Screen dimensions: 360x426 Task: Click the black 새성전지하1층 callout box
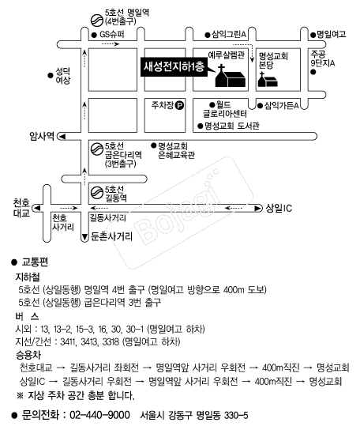click(x=174, y=66)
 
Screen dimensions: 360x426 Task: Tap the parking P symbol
click(x=179, y=105)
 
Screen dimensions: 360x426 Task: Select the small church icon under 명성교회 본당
click(x=268, y=79)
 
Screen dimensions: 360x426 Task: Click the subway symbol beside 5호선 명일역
click(x=96, y=21)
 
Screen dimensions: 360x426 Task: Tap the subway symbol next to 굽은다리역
click(x=96, y=149)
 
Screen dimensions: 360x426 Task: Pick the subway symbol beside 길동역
click(x=96, y=192)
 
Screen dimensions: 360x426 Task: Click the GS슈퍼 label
click(x=112, y=35)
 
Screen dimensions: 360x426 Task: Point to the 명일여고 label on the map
click(x=332, y=34)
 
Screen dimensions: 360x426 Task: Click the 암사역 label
click(x=42, y=136)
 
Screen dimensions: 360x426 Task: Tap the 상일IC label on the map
click(x=279, y=209)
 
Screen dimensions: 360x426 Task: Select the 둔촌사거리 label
click(x=112, y=236)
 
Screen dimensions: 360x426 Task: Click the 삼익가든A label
click(x=281, y=105)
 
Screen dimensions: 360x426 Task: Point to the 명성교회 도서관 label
click(x=232, y=126)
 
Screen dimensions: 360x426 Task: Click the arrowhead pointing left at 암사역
click(x=62, y=137)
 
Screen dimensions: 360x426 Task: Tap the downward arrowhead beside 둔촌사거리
click(x=84, y=237)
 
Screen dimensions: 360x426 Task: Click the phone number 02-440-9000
click(x=99, y=415)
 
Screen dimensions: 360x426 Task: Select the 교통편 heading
click(x=35, y=262)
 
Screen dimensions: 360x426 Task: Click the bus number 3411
click(x=68, y=341)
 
